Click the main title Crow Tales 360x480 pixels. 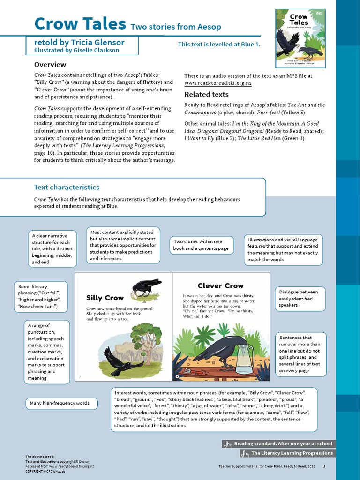point(80,23)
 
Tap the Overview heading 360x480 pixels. point(50,64)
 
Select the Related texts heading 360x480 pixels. point(206,94)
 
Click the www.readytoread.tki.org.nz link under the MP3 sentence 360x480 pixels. point(217,83)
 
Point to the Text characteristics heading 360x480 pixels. point(67,187)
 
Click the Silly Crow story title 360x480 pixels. point(105,298)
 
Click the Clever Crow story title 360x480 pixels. point(220,285)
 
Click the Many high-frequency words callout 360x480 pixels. point(61,403)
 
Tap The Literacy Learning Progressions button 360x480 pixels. point(287,453)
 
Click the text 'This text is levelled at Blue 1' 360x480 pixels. point(218,45)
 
